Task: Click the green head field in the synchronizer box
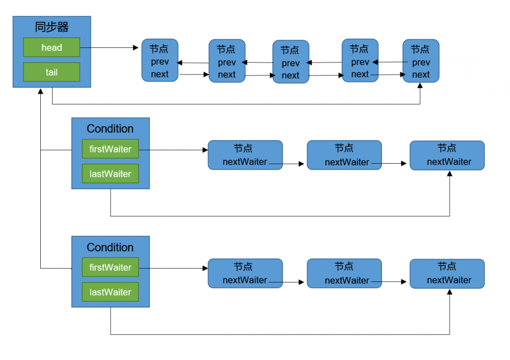pos(52,47)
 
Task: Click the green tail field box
pos(52,72)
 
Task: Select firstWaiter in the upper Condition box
pos(110,149)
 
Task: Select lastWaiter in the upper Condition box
pos(110,173)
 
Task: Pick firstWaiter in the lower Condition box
pos(110,267)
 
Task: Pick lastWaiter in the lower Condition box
pos(110,292)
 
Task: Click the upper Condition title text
pos(110,128)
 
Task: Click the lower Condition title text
pos(110,247)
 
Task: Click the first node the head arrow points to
pos(160,60)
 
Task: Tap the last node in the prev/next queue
pos(421,61)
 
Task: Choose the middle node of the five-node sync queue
pos(291,62)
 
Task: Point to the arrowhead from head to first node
pos(136,48)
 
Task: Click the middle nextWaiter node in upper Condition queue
pos(344,156)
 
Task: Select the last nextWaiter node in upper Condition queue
pos(447,156)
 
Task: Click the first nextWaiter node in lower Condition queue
pos(245,273)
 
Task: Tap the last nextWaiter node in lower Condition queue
pos(447,273)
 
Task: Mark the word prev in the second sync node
pos(226,63)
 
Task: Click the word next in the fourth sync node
pos(360,74)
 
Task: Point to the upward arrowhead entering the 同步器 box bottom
pos(40,91)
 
